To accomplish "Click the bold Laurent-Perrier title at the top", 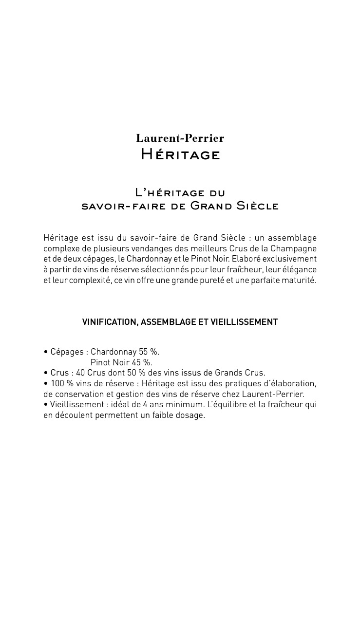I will point(180,138).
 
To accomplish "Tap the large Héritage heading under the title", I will point(180,155).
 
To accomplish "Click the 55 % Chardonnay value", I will point(149,352).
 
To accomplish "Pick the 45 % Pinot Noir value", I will point(142,362).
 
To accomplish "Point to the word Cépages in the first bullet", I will point(67,352).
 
